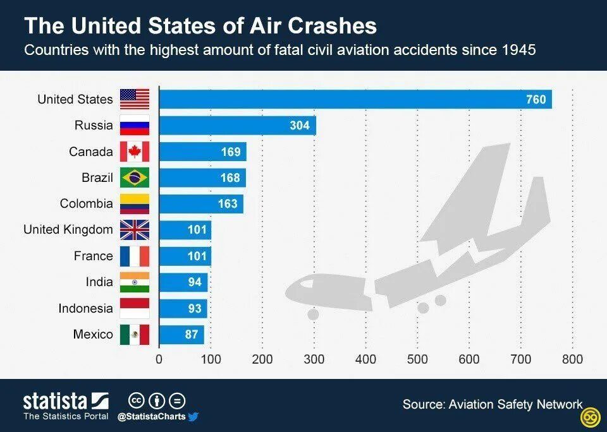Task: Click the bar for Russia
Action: coord(237,126)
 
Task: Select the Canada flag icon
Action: coord(135,152)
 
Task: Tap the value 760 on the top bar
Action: coord(536,99)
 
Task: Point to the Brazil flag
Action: coord(135,177)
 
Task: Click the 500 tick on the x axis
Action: coord(417,359)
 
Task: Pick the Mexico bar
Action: coord(181,335)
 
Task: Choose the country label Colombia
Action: coord(87,204)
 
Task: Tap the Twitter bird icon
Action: coord(193,417)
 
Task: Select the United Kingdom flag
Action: coord(135,230)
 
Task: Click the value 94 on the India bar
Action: coord(194,282)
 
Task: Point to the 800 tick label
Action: coord(572,359)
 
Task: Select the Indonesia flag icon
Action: coord(135,308)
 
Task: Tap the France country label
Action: coord(94,256)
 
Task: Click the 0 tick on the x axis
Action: coord(159,359)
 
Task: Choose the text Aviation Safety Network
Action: coord(515,404)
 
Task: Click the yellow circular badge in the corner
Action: coord(591,417)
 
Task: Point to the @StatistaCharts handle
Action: coord(151,417)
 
